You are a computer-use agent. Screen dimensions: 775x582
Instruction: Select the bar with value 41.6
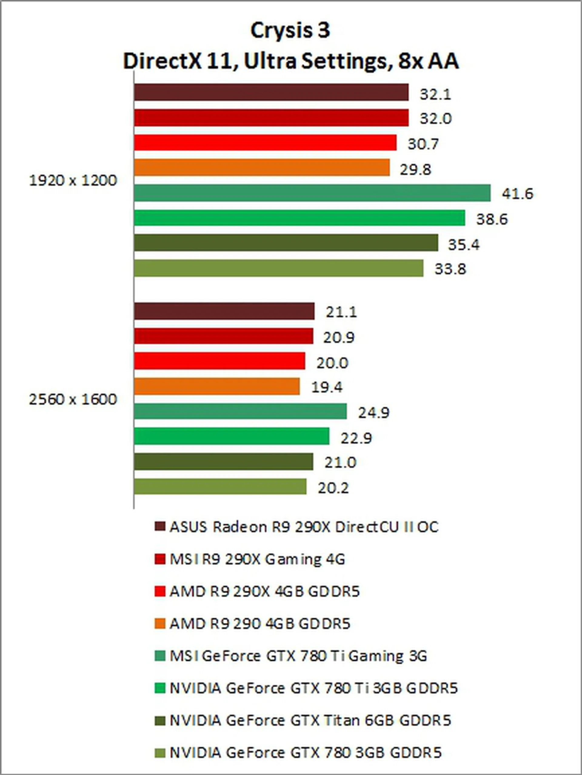click(x=312, y=193)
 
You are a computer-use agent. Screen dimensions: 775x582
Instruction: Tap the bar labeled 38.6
click(x=299, y=218)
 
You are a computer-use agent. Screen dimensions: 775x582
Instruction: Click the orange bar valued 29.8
click(x=262, y=168)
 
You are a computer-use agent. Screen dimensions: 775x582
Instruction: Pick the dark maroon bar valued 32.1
click(x=271, y=92)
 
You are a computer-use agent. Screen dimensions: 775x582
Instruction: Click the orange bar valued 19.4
click(x=217, y=386)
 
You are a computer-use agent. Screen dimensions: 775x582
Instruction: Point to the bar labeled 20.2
click(x=220, y=487)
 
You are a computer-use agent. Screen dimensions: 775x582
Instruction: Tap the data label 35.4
click(x=463, y=244)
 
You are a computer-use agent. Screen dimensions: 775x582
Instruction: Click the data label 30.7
click(x=423, y=144)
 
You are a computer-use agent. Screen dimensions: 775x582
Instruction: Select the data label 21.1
click(x=341, y=312)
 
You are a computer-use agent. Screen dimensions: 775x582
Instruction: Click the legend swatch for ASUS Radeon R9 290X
click(x=159, y=527)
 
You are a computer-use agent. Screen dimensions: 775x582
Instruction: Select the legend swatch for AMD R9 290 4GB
click(x=159, y=624)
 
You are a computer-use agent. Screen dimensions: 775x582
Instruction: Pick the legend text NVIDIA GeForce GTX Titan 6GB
click(x=310, y=720)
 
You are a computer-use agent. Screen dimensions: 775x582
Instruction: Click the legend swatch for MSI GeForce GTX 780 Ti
click(x=159, y=656)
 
